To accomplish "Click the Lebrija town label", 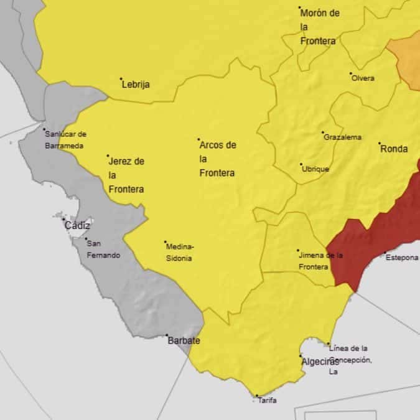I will [x=136, y=85].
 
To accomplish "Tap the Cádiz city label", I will [x=77, y=226].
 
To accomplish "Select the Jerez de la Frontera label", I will [x=126, y=175].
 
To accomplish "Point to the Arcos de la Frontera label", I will [x=217, y=159].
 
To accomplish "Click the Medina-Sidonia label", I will [x=180, y=252].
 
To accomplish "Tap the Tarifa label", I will [x=268, y=401].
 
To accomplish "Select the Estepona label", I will [x=402, y=258].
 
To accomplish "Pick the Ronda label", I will [x=394, y=149].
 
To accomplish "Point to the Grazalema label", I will [x=342, y=138].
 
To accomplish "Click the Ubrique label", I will [x=315, y=169].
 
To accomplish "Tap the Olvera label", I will [x=363, y=78].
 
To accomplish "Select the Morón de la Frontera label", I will [x=319, y=27].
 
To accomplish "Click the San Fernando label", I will [x=103, y=249].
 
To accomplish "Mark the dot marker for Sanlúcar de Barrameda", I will [x=44, y=130].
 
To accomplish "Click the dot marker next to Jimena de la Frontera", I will [x=297, y=251].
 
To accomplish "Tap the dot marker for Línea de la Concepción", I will [x=329, y=344].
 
